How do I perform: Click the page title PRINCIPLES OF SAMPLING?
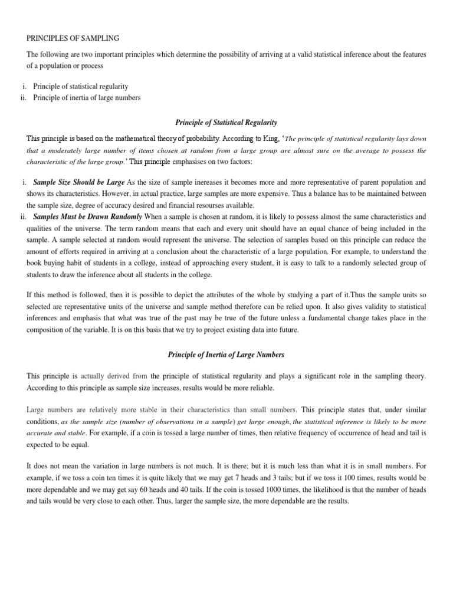click(73, 38)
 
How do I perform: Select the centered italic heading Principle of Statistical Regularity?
click(226, 122)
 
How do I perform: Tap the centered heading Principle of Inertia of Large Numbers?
click(226, 354)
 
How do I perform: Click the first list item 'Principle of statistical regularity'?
click(81, 87)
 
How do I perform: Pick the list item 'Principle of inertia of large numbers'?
click(87, 97)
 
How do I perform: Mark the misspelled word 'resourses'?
click(220, 205)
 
